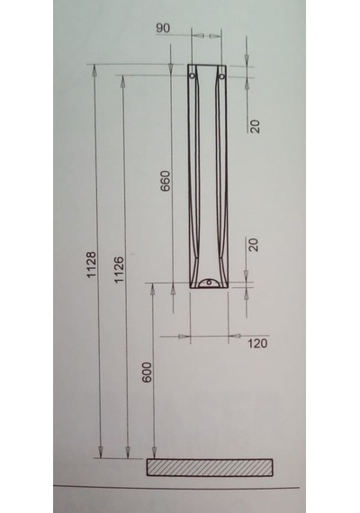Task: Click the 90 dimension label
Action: click(x=163, y=28)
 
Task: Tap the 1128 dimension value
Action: click(x=91, y=265)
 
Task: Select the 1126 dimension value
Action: click(x=119, y=270)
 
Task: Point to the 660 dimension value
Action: click(x=166, y=181)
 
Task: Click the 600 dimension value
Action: click(x=147, y=372)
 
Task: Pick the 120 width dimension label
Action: click(x=257, y=344)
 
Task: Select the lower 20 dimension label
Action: click(x=254, y=245)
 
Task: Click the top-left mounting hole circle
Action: click(x=193, y=76)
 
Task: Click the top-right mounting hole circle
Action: click(x=222, y=76)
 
